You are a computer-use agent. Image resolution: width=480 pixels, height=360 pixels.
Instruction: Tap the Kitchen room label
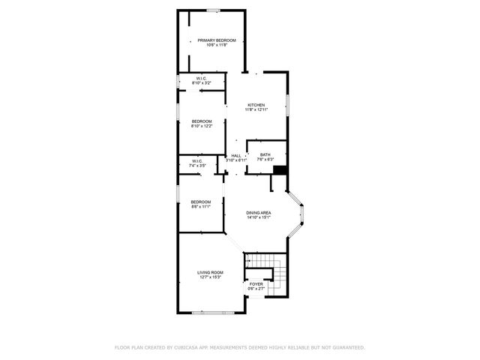[x=256, y=105]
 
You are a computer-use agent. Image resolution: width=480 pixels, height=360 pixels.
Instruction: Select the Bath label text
[x=265, y=155]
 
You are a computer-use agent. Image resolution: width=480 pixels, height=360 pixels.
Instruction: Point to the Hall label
[x=236, y=155]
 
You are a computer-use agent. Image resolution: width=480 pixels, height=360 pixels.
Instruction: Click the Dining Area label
[x=259, y=214]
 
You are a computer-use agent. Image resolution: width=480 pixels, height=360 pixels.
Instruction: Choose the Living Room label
[x=211, y=272]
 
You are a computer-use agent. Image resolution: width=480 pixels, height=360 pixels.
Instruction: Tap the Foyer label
[x=256, y=284]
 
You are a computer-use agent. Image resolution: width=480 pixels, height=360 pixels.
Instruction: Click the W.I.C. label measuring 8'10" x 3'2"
[x=202, y=79]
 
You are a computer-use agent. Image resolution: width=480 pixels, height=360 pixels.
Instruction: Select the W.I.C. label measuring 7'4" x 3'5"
[x=197, y=161]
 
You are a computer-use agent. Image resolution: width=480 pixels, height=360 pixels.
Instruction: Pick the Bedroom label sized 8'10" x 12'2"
[x=202, y=121]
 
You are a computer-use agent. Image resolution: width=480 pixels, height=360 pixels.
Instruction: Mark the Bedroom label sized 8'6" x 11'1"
[x=200, y=202]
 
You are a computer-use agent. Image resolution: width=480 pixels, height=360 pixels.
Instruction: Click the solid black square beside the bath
[x=279, y=170]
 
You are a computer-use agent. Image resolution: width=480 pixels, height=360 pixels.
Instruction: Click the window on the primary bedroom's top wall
[x=214, y=10]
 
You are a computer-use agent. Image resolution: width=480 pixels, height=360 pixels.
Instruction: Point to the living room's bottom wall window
[x=213, y=312]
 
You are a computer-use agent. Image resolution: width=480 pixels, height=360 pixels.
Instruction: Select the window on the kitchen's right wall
[x=287, y=106]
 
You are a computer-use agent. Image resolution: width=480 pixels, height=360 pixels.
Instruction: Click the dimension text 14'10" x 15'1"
[x=259, y=219]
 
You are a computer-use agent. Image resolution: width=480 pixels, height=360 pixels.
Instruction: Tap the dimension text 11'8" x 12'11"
[x=256, y=110]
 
